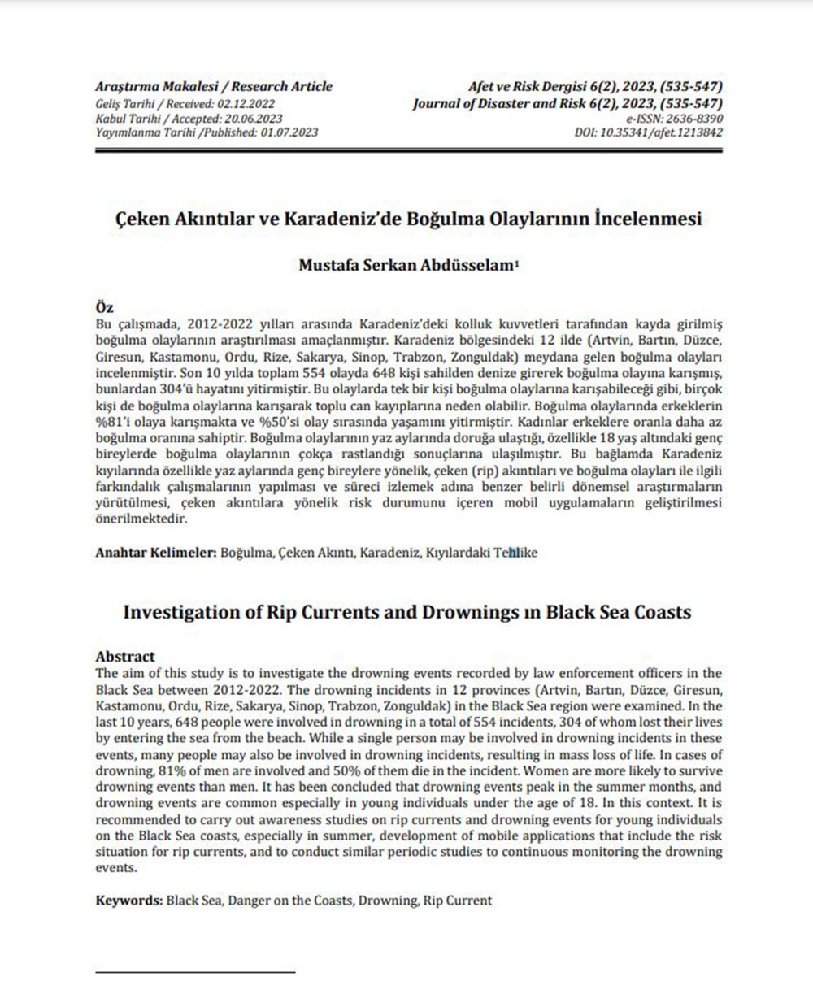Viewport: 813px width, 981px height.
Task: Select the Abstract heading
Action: click(x=125, y=656)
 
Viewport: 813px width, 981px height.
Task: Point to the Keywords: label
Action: click(x=129, y=901)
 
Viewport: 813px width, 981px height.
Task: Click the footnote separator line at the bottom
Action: click(x=195, y=971)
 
